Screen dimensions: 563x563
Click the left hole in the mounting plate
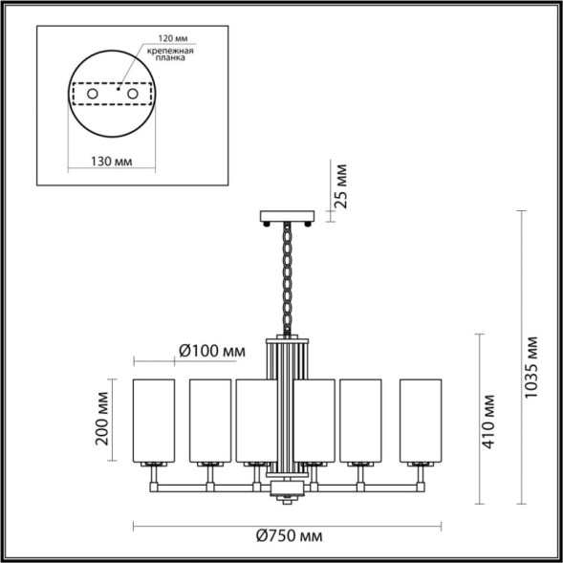tap(91, 96)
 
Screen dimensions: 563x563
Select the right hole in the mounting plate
tap(135, 96)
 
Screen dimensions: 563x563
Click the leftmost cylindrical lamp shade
tap(154, 419)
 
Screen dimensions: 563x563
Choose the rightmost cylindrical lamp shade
tap(420, 419)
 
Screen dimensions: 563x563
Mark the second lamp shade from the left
tap(210, 419)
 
